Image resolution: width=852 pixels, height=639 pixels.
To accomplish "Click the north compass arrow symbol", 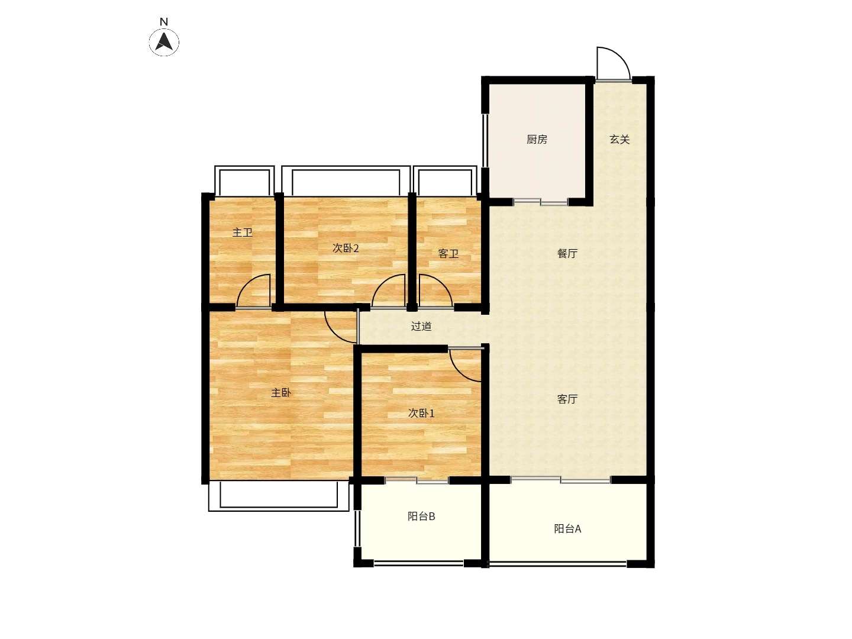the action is (x=164, y=41).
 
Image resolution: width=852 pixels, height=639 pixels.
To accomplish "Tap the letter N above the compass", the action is (x=164, y=22).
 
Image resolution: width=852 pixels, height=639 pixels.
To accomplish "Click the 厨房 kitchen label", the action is (x=537, y=139).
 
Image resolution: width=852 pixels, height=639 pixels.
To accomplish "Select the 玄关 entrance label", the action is (x=619, y=139).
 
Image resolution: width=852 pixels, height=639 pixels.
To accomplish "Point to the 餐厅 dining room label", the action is (x=567, y=253).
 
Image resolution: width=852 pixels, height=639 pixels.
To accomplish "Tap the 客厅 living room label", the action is (x=567, y=399).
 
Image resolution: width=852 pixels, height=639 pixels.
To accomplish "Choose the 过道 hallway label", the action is (x=421, y=326).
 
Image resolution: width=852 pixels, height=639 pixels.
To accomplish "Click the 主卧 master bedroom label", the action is (x=280, y=393).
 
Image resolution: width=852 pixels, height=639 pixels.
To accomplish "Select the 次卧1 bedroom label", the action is (x=421, y=413).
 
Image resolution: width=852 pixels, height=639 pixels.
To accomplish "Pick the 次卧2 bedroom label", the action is (x=346, y=248).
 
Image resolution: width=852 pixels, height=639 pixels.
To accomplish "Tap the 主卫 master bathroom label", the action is (x=242, y=233).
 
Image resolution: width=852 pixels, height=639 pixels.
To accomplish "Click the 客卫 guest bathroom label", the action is (x=448, y=254).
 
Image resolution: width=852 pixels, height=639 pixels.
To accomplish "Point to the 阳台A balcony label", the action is (x=567, y=529).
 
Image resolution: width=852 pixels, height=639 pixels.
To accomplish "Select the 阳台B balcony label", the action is (x=421, y=517).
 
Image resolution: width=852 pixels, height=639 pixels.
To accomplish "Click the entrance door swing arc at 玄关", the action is (x=620, y=56).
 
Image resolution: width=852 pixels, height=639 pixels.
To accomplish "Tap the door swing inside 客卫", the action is (x=443, y=283).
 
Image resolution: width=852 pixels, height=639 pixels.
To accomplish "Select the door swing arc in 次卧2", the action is (x=381, y=283).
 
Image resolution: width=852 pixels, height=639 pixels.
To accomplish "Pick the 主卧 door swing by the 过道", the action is (x=334, y=333).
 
